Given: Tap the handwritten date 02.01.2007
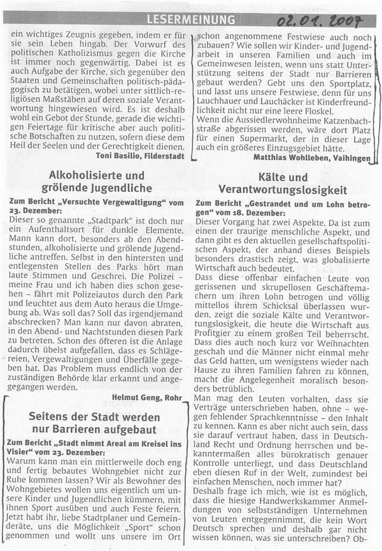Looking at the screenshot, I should [x=321, y=22].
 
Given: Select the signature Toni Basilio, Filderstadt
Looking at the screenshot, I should [x=139, y=154].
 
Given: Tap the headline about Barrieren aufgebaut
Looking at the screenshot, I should [x=94, y=423].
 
